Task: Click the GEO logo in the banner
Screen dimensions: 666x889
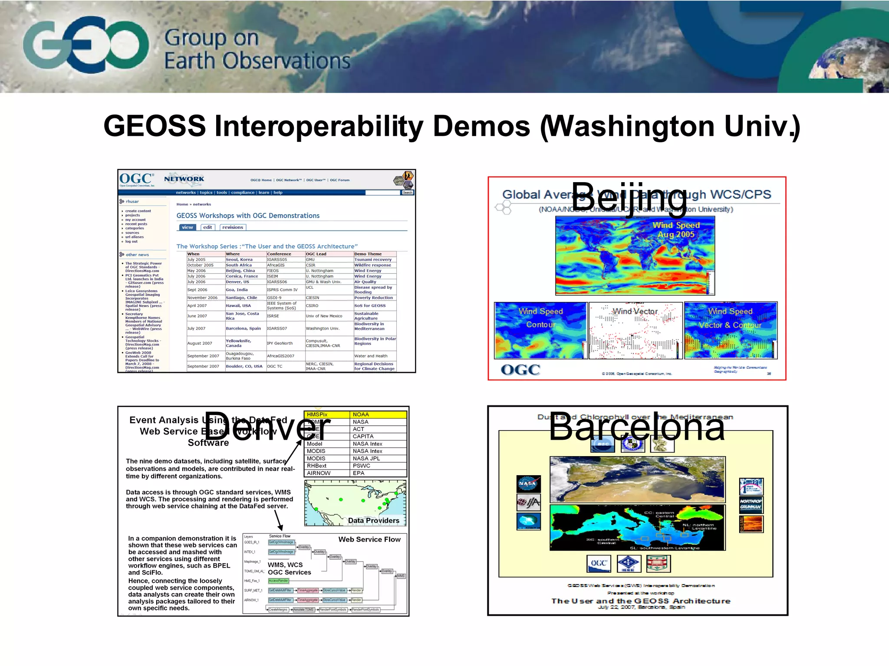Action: [x=86, y=45]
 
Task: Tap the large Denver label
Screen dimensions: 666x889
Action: [x=267, y=428]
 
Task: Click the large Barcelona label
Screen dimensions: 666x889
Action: [x=637, y=428]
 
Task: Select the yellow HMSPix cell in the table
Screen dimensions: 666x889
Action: [x=326, y=415]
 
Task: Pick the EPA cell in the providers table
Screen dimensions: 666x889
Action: [x=378, y=473]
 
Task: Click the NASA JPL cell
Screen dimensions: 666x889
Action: [x=378, y=458]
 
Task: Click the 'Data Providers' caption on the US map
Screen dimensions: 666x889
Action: [x=373, y=520]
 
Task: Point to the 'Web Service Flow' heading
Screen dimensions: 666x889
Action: [x=369, y=539]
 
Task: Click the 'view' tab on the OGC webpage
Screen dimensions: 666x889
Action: [x=187, y=227]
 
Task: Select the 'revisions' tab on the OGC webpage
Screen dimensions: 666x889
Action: [x=233, y=227]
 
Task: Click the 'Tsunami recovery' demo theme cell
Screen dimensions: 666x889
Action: [x=373, y=260]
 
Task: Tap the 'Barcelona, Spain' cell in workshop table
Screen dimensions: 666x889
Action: [x=243, y=328]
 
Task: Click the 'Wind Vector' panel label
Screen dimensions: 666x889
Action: [x=635, y=311]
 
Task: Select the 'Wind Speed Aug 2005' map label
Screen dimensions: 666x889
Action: [x=676, y=230]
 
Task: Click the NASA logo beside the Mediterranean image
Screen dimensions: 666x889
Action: [x=528, y=483]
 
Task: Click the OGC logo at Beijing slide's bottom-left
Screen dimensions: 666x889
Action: [x=520, y=370]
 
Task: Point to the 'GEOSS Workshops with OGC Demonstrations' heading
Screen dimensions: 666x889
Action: [x=248, y=215]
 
